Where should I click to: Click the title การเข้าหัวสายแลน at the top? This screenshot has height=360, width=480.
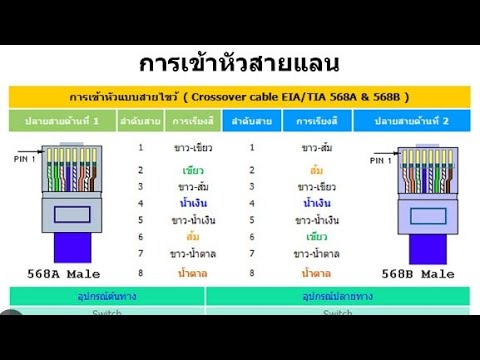[x=239, y=63]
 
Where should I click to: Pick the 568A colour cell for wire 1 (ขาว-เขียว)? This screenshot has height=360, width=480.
[x=193, y=148]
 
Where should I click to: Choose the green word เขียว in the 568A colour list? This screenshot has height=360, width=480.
[x=193, y=170]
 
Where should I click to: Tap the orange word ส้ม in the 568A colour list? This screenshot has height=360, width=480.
[x=193, y=237]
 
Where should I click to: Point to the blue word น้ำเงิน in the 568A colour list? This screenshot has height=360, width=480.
[x=193, y=203]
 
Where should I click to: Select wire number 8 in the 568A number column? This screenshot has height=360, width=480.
[x=141, y=271]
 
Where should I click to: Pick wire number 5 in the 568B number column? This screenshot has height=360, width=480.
[x=252, y=220]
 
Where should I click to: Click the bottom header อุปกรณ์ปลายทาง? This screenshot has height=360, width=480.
[x=338, y=297]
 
